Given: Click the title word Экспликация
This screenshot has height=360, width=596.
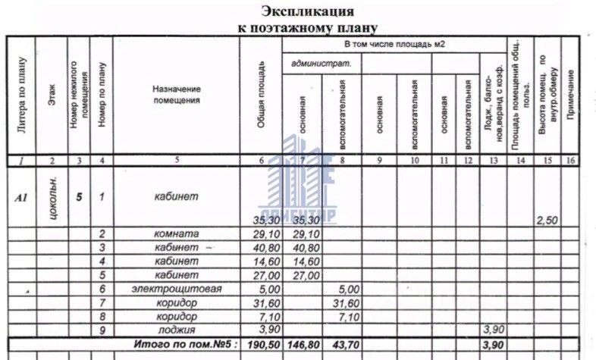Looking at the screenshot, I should pos(307,11).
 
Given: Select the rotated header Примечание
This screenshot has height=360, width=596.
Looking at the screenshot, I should pos(570,89).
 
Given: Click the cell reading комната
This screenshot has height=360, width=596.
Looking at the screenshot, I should pos(176,234).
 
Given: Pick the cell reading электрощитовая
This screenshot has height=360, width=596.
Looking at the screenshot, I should pos(176,289).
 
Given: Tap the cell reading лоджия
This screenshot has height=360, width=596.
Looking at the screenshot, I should pos(176,330).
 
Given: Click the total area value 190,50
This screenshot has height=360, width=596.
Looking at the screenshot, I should pos(259,345).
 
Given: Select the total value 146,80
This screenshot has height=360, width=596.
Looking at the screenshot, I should pos(301,345).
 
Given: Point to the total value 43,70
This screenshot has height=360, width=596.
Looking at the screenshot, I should pos(341,345).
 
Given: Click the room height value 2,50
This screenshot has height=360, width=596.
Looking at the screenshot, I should pos(547,220).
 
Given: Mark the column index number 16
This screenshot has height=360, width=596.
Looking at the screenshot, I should pos(570,160).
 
